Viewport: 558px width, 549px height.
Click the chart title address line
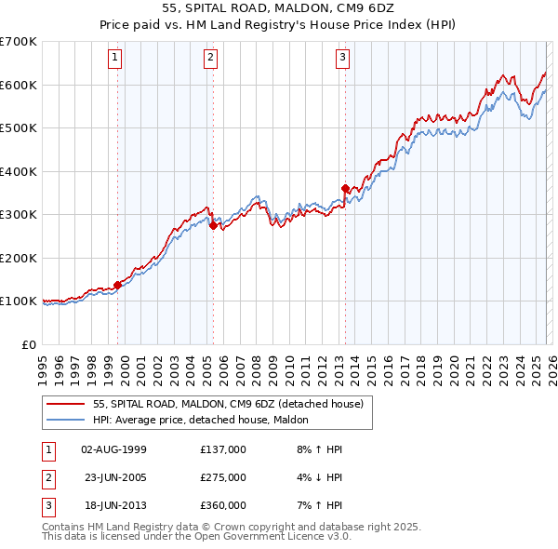point(278,8)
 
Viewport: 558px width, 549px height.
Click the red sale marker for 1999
point(118,285)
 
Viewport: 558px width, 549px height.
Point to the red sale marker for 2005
point(214,225)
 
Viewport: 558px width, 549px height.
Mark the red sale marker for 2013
point(345,188)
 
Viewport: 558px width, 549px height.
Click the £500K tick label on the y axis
point(19,128)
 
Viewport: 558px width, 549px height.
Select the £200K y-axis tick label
point(19,258)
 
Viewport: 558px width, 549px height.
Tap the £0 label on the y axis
point(30,344)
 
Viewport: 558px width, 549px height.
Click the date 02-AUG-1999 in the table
point(113,449)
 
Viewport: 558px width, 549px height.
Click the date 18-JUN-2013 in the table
point(113,505)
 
